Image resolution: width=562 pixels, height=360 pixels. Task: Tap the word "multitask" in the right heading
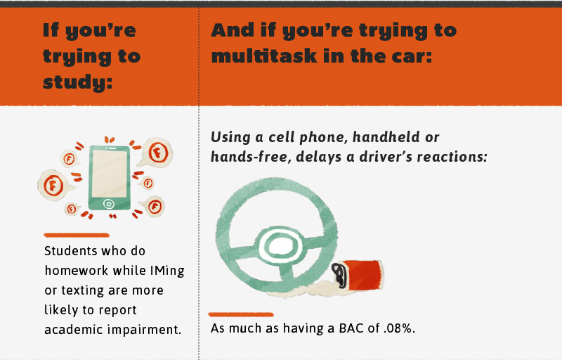click(x=265, y=56)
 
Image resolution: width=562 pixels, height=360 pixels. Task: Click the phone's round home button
click(x=109, y=204)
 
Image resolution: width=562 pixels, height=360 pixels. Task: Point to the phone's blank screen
click(x=110, y=174)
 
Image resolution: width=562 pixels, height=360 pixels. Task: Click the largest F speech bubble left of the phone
click(x=54, y=186)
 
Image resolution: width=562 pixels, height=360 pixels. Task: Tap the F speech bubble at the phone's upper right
click(x=157, y=152)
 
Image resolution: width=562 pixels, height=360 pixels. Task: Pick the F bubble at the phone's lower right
click(x=154, y=207)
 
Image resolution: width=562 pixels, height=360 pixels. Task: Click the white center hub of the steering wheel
click(x=280, y=247)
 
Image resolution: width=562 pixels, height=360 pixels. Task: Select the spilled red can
click(x=358, y=276)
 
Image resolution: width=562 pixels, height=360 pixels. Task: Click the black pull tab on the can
click(x=339, y=275)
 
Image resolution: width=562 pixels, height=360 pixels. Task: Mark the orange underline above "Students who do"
click(x=77, y=236)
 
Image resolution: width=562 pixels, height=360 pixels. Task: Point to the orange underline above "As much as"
click(x=241, y=315)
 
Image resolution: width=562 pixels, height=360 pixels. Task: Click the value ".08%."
click(x=399, y=328)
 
